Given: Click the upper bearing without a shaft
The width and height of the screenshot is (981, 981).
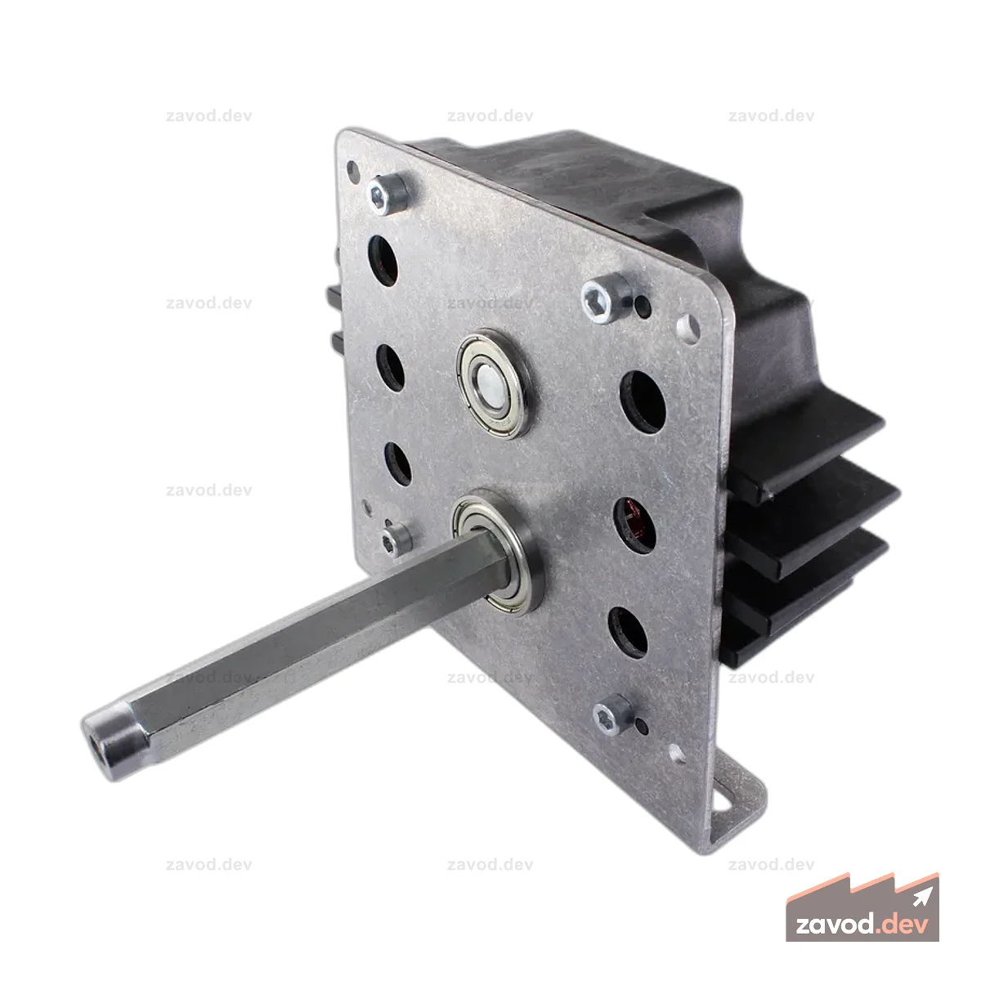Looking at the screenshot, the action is click(492, 384).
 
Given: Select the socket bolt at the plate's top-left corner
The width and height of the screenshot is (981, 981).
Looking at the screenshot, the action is click(387, 194).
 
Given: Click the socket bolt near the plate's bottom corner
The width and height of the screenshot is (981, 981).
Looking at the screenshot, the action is click(612, 714).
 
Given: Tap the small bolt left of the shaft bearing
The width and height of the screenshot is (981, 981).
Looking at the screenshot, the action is click(395, 540).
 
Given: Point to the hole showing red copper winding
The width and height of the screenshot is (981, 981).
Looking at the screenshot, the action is click(634, 526).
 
